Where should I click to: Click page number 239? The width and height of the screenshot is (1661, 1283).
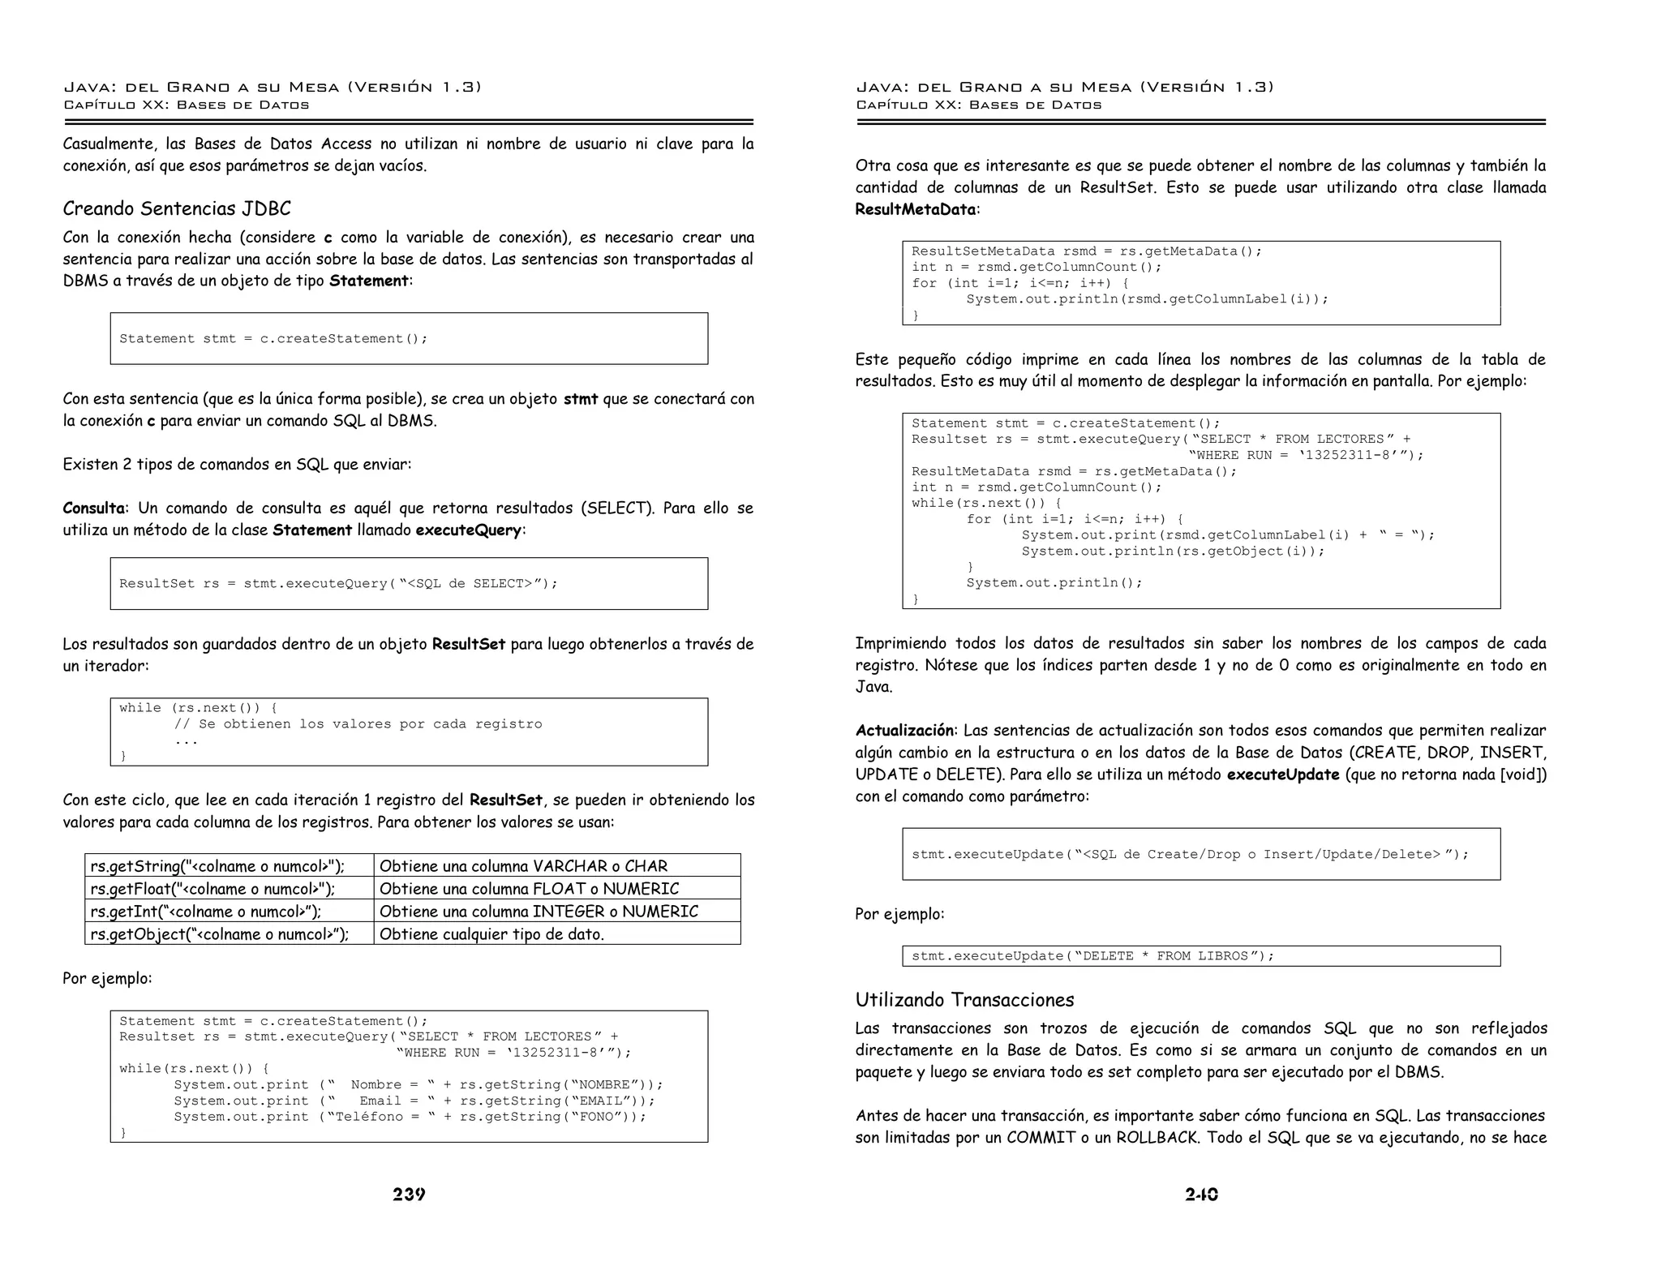[409, 1195]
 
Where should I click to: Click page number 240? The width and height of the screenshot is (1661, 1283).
[1201, 1195]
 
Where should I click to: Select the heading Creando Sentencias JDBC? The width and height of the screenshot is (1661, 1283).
[177, 209]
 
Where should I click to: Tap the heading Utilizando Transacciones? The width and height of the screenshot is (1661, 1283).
[964, 1000]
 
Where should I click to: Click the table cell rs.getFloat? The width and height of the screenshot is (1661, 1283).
[212, 889]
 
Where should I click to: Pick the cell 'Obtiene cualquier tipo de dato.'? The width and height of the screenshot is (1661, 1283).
[491, 934]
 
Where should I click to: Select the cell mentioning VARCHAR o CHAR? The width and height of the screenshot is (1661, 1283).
[523, 866]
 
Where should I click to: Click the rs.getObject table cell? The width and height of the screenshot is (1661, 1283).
[219, 934]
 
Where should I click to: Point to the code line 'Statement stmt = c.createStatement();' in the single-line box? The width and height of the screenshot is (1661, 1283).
[273, 339]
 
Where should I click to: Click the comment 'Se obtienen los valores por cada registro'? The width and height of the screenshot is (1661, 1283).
[358, 724]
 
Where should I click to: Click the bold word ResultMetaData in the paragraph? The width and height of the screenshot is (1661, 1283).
[915, 209]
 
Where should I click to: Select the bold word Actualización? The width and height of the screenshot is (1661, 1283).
[904, 731]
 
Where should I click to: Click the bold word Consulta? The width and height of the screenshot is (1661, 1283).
[94, 508]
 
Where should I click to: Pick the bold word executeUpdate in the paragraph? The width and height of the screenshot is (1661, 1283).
[1283, 775]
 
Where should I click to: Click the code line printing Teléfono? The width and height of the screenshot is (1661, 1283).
[410, 1117]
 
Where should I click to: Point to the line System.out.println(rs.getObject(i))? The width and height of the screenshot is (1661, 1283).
[1173, 551]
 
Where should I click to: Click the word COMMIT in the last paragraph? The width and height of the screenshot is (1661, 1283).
[1041, 1138]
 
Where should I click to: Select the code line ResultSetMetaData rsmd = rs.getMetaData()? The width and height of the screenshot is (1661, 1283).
[1087, 251]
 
